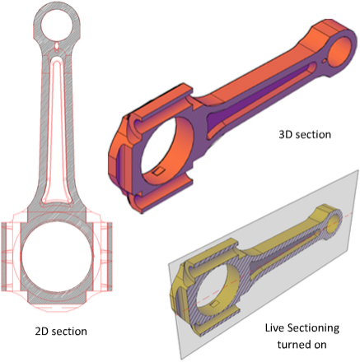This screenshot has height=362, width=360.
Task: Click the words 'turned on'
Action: [x=308, y=344]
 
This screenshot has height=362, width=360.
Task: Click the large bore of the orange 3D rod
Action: [x=169, y=152]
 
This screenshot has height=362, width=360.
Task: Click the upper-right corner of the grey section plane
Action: [x=357, y=172]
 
